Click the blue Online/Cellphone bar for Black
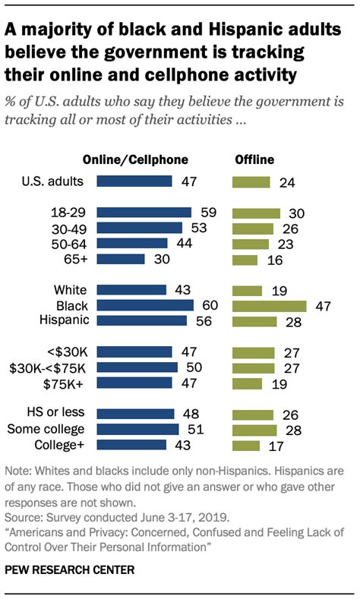[146, 305]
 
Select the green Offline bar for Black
[269, 305]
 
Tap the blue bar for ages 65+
[122, 260]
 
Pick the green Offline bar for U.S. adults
[251, 181]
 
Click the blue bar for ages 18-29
[145, 212]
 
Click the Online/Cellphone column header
[135, 159]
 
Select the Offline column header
[254, 159]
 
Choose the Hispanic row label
[66, 320]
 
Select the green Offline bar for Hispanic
[254, 320]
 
